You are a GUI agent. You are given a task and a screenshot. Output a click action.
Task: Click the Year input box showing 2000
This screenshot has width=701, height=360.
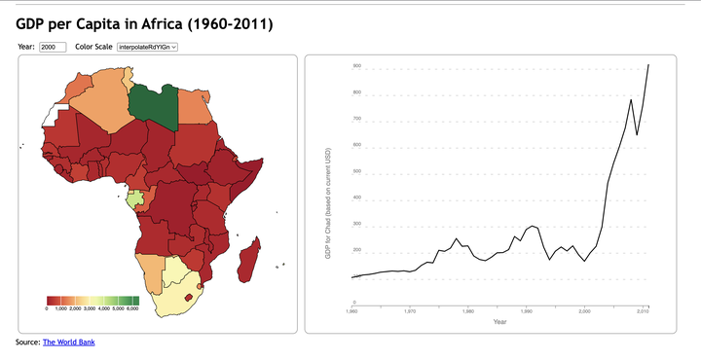tap(52, 47)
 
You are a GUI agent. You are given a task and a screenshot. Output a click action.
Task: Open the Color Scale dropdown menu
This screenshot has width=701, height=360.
tap(147, 47)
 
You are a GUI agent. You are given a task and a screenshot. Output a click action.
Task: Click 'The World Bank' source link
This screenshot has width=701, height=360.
tap(68, 342)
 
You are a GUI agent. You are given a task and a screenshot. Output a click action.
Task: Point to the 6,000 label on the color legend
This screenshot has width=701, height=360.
tap(132, 308)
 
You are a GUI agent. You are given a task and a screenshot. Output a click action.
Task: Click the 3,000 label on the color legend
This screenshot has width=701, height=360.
tap(90, 308)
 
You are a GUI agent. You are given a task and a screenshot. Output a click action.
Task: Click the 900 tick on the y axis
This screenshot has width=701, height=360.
tap(357, 66)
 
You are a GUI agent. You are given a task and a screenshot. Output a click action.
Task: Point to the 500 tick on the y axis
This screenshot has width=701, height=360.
tap(357, 171)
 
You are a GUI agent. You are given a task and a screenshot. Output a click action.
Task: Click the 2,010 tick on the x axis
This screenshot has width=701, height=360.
tap(643, 312)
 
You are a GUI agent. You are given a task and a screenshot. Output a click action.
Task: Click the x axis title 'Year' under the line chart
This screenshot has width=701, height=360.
tap(499, 322)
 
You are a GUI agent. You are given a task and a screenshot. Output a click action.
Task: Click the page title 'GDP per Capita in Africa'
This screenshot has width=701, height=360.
tap(144, 22)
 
